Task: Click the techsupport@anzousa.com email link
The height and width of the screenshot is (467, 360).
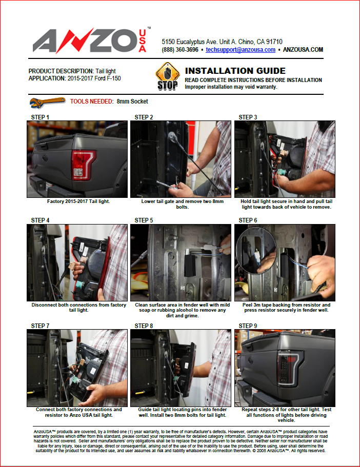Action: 241,50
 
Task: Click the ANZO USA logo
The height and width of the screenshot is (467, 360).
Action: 91,40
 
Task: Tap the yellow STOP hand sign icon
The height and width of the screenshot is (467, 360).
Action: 168,76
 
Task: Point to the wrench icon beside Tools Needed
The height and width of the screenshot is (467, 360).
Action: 47,103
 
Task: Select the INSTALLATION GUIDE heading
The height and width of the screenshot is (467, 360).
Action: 235,71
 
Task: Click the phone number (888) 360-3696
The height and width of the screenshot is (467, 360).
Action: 180,50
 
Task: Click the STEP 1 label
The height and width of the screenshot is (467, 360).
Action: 40,117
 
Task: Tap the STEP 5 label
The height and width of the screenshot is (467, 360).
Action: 144,220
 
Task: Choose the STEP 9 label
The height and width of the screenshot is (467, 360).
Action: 248,326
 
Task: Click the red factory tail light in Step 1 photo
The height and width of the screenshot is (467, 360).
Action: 83,165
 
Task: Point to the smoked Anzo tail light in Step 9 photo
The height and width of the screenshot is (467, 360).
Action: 289,369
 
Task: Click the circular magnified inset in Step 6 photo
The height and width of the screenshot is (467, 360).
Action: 256,250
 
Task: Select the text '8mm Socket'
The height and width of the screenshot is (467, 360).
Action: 132,101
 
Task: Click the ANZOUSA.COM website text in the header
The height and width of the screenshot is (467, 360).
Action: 303,50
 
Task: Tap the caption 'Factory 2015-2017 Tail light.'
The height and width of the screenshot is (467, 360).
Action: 78,201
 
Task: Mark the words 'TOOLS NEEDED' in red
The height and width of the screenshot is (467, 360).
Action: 91,101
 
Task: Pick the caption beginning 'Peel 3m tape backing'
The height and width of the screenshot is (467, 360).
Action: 286,308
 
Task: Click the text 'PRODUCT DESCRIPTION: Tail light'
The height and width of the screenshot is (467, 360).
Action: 72,71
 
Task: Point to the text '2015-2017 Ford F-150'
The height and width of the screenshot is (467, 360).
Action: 94,78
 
